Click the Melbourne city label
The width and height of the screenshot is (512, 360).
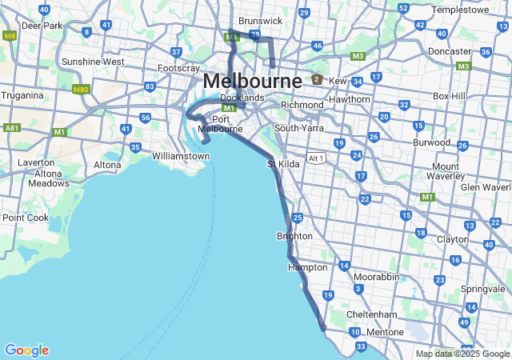252,81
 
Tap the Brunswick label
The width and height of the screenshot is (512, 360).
260,20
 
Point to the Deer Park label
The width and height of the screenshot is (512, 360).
42,26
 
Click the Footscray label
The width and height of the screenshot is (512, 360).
178,69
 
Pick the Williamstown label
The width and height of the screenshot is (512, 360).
180,155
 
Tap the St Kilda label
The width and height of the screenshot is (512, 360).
282,165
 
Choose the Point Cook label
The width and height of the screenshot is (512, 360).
25,218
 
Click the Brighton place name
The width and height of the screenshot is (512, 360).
294,237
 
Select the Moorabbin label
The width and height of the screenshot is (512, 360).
376,276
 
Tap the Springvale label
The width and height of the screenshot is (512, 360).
483,289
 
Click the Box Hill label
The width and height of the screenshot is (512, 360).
449,96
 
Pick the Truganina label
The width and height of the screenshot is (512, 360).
22,95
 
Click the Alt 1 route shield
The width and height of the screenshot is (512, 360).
316,158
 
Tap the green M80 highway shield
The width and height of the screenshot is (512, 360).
80,89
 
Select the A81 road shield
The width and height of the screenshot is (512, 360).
11,127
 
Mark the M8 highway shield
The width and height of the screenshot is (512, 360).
10,36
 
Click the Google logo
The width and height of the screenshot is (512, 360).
26,350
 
